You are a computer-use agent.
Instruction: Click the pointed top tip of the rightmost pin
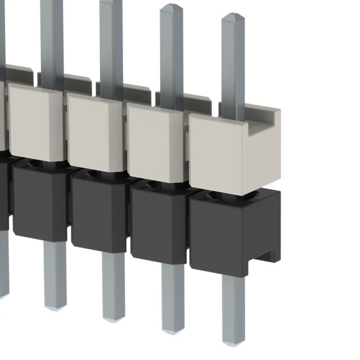pyautogui.click(x=232, y=15)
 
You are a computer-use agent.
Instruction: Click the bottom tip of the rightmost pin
pyautogui.click(x=233, y=341)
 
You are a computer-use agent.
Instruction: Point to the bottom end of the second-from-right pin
pyautogui.click(x=173, y=329)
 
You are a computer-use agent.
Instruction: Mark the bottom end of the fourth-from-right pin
pyautogui.click(x=55, y=307)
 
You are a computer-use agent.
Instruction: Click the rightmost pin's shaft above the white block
pyautogui.click(x=232, y=67)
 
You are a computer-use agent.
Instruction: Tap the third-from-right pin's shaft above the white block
pyautogui.click(x=111, y=45)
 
